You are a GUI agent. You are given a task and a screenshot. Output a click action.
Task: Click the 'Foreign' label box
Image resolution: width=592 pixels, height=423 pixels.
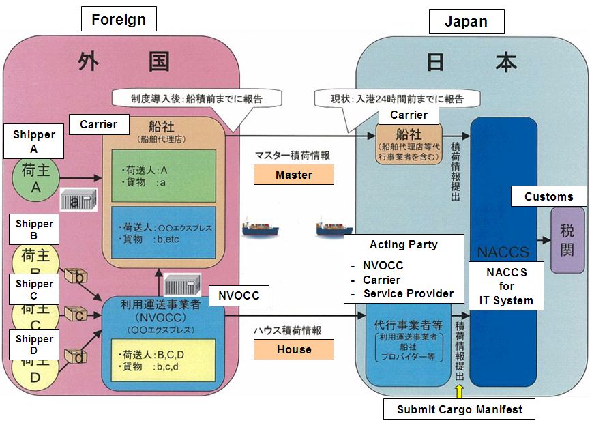119,18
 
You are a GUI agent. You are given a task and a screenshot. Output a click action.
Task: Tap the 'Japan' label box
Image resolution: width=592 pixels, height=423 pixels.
466,21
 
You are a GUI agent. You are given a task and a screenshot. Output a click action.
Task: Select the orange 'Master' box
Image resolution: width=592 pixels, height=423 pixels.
294,175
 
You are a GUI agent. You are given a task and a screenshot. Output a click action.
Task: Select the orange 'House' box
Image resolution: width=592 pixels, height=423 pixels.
294,349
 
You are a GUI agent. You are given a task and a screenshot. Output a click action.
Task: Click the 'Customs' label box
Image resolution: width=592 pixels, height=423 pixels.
548,196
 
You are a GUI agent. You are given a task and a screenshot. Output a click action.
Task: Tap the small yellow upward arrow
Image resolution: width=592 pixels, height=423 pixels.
459,392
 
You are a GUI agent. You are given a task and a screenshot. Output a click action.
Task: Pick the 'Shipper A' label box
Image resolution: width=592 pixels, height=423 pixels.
34,141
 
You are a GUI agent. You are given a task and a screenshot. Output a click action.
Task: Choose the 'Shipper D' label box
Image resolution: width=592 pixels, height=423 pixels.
34,345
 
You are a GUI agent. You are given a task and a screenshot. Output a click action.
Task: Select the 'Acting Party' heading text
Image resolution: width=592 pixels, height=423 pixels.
404,245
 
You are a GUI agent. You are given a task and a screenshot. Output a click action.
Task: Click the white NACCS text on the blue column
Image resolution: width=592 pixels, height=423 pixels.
503,252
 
